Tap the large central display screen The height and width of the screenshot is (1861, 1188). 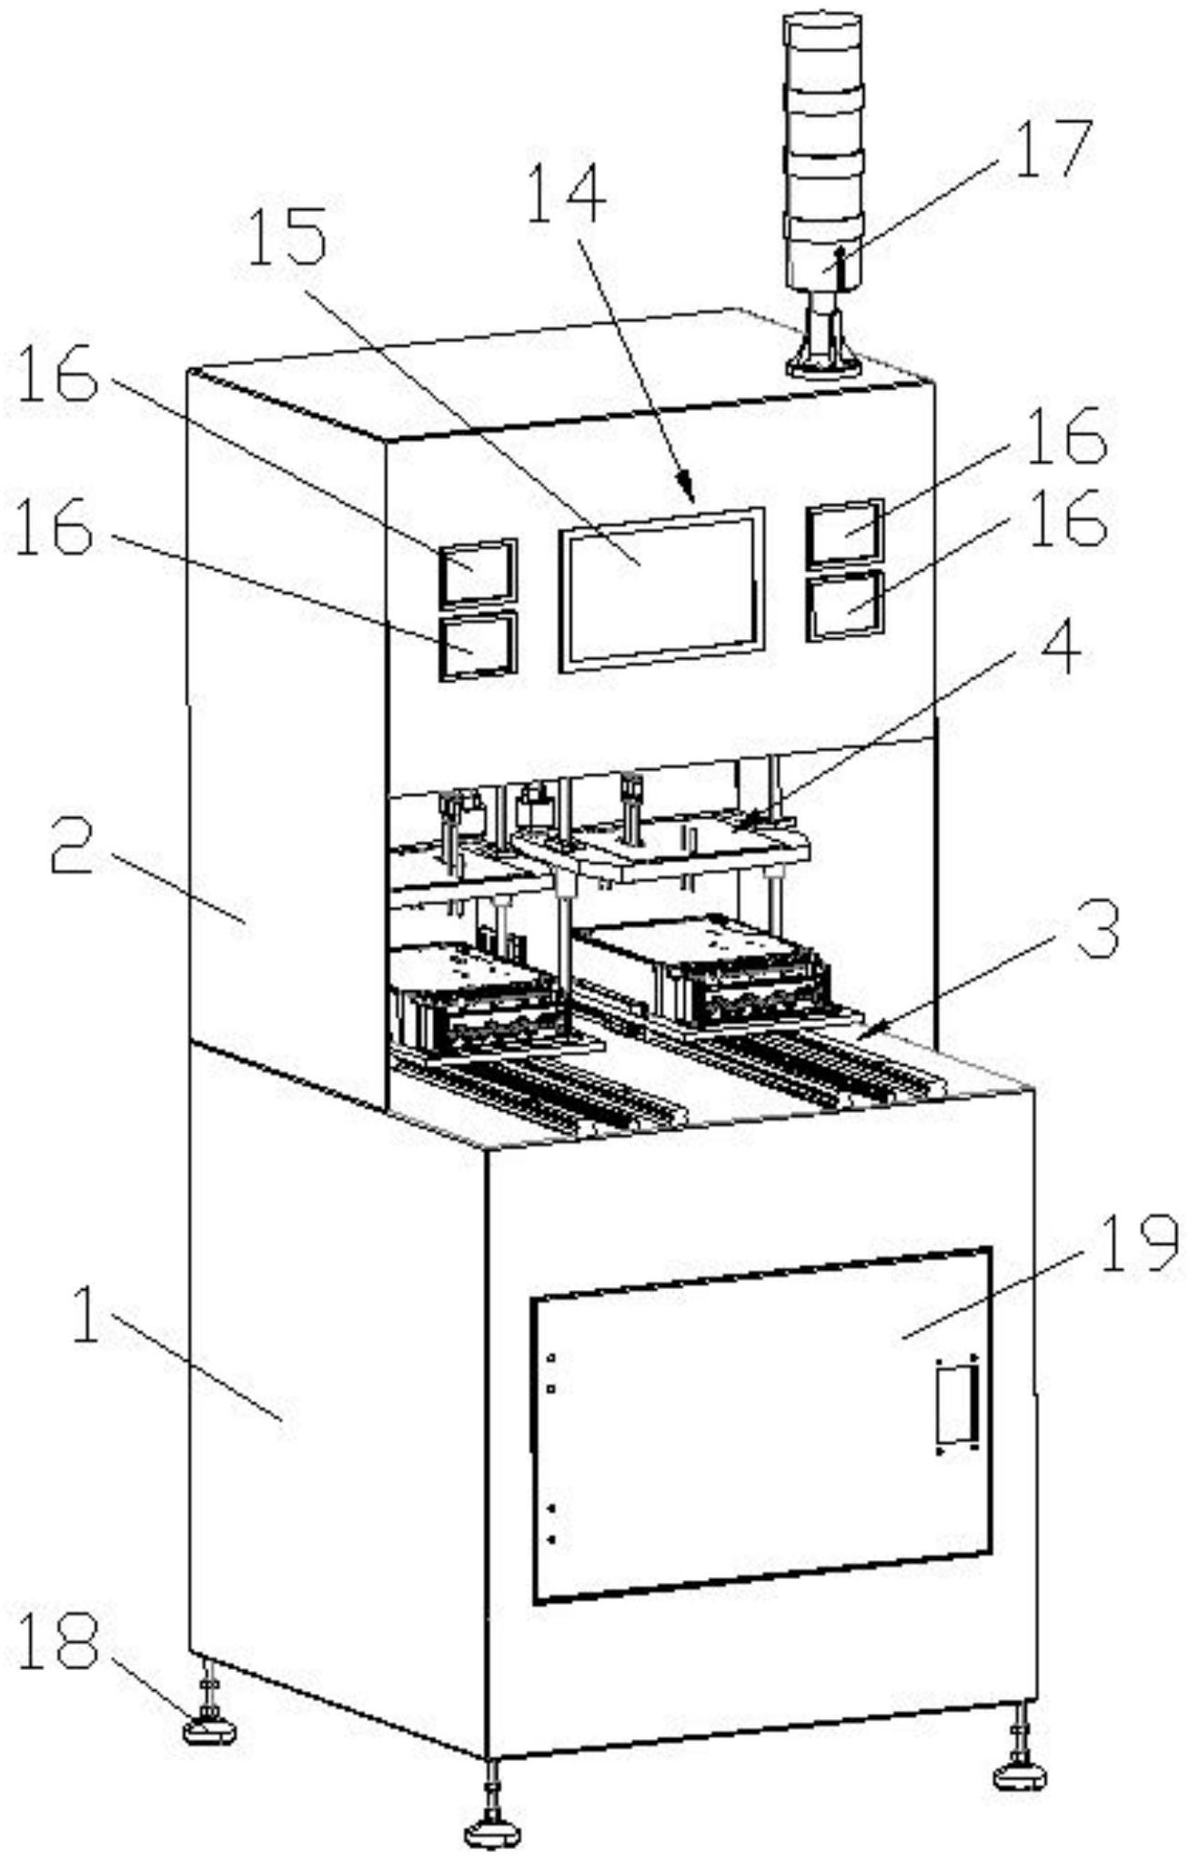tap(661, 589)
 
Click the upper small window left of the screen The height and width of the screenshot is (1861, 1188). tap(478, 570)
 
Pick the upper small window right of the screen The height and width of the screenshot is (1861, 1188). tap(845, 529)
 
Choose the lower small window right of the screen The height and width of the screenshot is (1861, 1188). tap(845, 604)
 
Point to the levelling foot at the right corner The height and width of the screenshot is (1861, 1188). tap(1021, 1773)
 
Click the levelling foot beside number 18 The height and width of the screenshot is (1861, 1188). tap(209, 1727)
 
